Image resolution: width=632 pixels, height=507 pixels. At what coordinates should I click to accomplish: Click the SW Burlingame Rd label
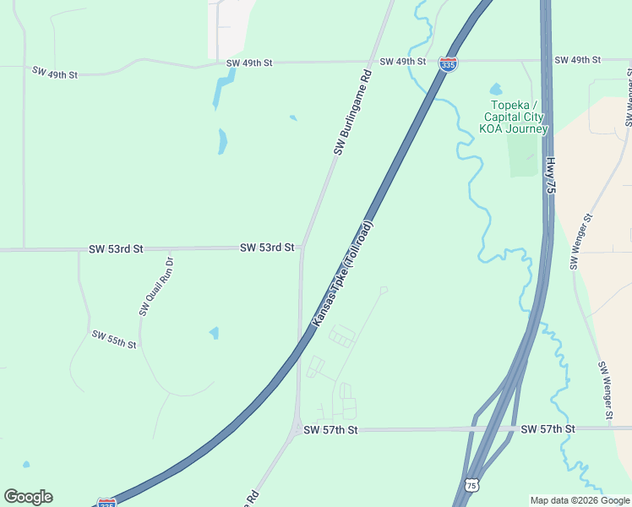pyautogui.click(x=353, y=112)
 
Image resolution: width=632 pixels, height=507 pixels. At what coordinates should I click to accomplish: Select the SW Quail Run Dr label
pyautogui.click(x=156, y=286)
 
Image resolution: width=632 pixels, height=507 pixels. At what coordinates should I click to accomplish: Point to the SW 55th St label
pyautogui.click(x=114, y=340)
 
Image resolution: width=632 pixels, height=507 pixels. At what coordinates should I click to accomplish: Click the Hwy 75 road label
pyautogui.click(x=551, y=176)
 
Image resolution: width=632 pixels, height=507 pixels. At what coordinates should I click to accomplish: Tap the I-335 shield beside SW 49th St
pyautogui.click(x=449, y=64)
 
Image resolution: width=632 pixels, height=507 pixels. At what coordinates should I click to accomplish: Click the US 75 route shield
pyautogui.click(x=471, y=485)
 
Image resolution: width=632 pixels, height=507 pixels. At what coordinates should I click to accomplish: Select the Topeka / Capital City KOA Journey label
pyautogui.click(x=514, y=117)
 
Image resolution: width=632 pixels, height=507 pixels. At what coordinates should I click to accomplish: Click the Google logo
pyautogui.click(x=28, y=497)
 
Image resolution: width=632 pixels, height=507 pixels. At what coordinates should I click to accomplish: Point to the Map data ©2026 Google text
pyautogui.click(x=580, y=500)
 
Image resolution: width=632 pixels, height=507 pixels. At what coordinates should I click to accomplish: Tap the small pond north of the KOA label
pyautogui.click(x=495, y=89)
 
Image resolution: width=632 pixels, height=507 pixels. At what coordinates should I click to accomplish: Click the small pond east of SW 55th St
pyautogui.click(x=214, y=333)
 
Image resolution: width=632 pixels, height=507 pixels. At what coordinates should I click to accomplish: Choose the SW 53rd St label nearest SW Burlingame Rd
pyautogui.click(x=267, y=248)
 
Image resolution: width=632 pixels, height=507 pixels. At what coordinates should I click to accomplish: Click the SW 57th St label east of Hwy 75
pyautogui.click(x=548, y=429)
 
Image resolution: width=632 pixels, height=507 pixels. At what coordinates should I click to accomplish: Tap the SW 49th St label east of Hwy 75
pyautogui.click(x=577, y=60)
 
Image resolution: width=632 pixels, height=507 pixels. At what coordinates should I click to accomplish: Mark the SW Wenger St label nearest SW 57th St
pyautogui.click(x=605, y=391)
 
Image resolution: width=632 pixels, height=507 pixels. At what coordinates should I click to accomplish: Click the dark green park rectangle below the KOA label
pyautogui.click(x=524, y=155)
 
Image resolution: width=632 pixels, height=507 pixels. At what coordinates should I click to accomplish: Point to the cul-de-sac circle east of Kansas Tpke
pyautogui.click(x=384, y=290)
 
